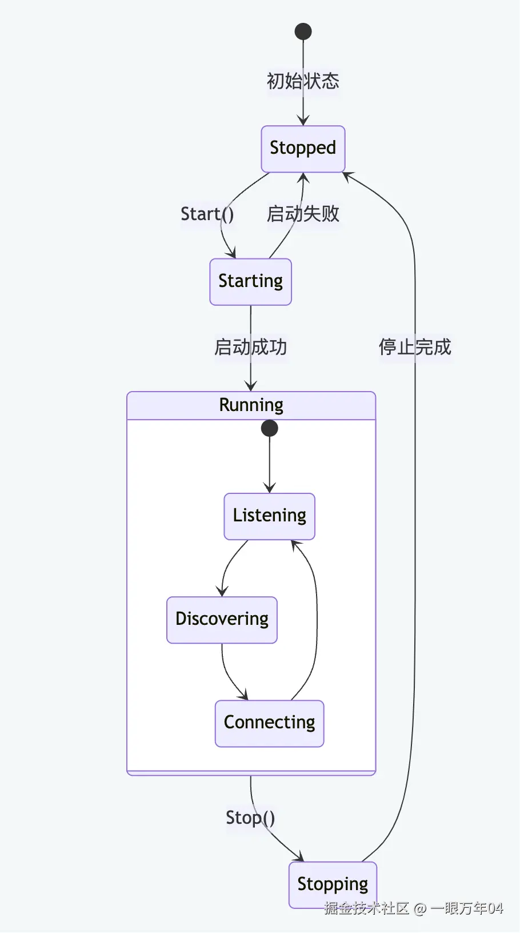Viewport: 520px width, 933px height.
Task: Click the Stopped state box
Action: coord(303,149)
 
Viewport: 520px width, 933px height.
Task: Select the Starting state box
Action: coord(250,282)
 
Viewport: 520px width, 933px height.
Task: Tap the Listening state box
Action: coord(269,516)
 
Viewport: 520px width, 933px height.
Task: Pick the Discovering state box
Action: coord(222,620)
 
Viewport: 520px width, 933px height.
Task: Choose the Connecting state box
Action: coord(269,723)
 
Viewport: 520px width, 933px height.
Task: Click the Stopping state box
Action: coord(333,884)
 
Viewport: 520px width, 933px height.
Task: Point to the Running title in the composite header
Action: coord(251,405)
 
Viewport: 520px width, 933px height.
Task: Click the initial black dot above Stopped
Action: coord(303,31)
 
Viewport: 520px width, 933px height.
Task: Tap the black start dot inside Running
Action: coord(269,428)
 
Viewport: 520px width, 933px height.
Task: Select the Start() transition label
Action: coord(207,214)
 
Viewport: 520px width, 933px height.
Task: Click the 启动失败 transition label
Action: coord(303,214)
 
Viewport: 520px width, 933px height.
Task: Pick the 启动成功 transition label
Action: coord(250,347)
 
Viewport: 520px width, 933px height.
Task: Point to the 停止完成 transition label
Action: coord(415,347)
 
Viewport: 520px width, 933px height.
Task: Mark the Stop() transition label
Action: coord(250,818)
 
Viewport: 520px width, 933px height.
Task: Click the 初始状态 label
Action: coord(303,81)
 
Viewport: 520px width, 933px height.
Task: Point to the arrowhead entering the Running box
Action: coord(250,386)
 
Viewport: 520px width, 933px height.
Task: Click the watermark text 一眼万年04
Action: coord(467,908)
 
